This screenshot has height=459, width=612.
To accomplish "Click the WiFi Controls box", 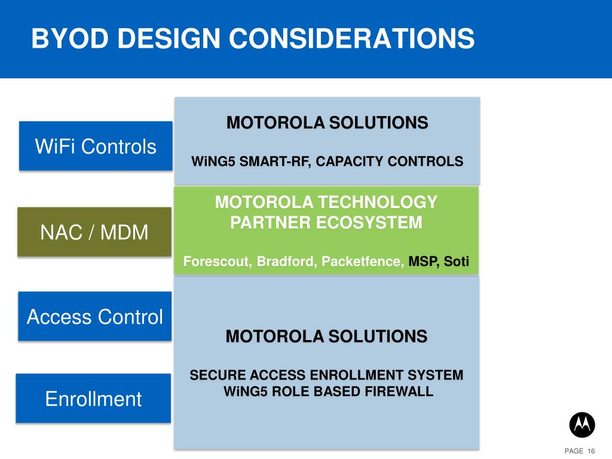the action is point(96,146).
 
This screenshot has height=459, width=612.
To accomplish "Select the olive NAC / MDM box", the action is point(94,232).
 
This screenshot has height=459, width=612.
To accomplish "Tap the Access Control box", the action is point(95,316).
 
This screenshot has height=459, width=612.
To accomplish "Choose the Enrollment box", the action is point(93,398).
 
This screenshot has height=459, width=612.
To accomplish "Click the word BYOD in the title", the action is point(70,38).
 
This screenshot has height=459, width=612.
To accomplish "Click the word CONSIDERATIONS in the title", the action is point(351,38).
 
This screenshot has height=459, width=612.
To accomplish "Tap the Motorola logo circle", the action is point(582,425).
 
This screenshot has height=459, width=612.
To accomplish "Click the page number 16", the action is point(591,451).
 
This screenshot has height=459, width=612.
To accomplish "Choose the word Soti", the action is point(456,261).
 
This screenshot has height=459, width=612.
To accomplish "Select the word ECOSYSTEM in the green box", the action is point(369,222).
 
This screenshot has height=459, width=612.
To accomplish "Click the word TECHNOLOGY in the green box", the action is point(378,202).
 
